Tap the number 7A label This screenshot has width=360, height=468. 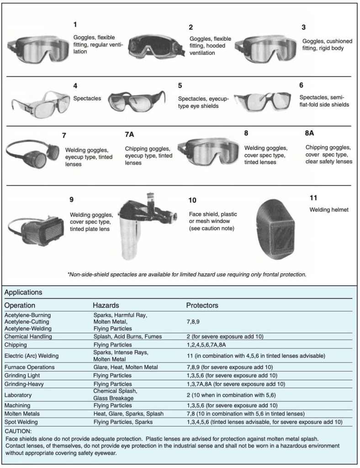(x=129, y=134)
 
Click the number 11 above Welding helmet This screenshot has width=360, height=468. (x=313, y=197)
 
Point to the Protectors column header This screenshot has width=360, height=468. (x=202, y=305)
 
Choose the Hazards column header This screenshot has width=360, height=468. (x=106, y=305)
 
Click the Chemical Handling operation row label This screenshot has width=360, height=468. (x=28, y=336)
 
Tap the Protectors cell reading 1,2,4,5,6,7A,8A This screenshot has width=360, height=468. (x=209, y=345)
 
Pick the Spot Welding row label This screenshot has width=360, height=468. (x=21, y=422)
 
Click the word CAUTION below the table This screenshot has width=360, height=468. (x=18, y=431)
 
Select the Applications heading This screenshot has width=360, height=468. (x=23, y=292)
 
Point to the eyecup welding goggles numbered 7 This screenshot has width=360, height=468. (x=32, y=154)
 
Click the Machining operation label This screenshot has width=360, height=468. (x=17, y=405)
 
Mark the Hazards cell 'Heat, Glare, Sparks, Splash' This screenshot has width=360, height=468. (x=128, y=414)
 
